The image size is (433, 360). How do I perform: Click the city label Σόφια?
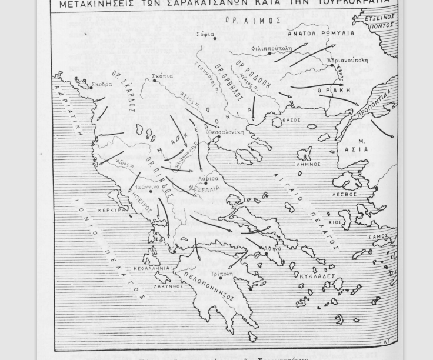(205, 34)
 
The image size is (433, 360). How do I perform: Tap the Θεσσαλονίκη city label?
(226, 132)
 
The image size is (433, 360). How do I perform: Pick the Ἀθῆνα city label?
(272, 249)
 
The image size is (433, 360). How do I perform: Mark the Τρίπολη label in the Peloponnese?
(221, 274)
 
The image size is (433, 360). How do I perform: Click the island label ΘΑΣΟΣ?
(291, 121)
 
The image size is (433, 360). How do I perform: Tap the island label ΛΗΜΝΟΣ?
(309, 165)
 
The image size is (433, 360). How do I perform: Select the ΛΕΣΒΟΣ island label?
(345, 194)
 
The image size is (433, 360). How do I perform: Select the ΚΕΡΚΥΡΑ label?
(111, 209)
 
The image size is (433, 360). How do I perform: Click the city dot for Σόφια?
(215, 39)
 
